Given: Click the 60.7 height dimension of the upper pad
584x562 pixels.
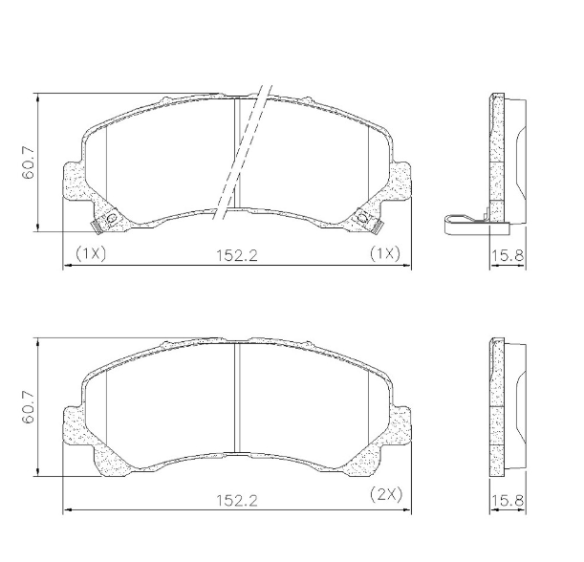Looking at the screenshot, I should (30, 162).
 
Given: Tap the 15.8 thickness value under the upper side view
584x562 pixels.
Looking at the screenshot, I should (507, 255).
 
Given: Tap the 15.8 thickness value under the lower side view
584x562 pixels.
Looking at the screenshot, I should (507, 500).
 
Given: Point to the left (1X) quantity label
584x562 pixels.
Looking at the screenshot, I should (90, 253).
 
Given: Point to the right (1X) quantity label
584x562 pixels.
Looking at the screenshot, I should (384, 253).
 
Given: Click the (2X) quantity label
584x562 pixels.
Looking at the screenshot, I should (384, 496).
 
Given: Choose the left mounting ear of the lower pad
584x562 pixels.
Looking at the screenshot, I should (75, 424).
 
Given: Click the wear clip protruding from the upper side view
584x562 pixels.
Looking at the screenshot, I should (466, 226).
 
